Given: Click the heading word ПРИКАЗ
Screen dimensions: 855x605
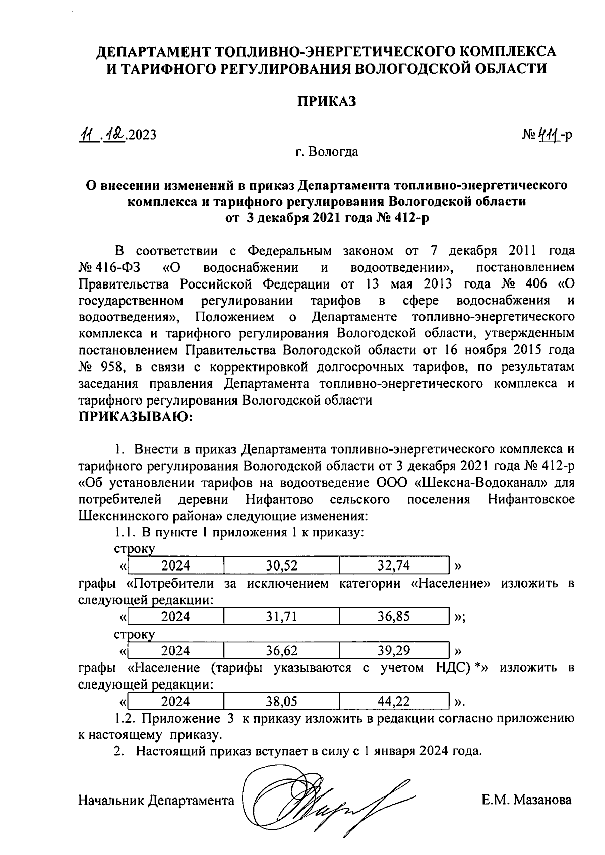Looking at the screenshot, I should (325, 102).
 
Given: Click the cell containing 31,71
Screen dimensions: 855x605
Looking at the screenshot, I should (281, 616).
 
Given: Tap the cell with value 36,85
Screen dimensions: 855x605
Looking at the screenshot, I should (394, 616).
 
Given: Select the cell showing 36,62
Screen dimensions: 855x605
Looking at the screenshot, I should (281, 651).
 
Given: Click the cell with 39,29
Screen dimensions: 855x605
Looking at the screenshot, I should (394, 651).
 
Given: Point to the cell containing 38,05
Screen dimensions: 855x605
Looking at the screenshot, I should (281, 701).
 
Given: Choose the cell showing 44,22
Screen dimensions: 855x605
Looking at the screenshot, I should (394, 701).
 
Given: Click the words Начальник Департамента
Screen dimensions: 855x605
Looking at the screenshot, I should (156, 800).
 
